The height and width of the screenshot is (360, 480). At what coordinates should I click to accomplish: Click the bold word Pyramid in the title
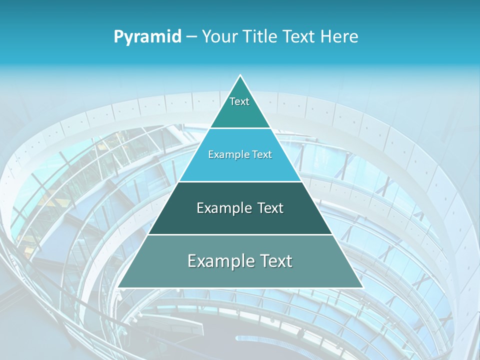[x=147, y=36]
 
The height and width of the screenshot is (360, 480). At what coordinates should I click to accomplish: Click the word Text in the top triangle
[x=239, y=101]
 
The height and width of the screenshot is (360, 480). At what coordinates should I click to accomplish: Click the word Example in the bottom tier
[x=220, y=261]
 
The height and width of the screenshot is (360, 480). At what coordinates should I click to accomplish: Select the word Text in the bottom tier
[x=275, y=261]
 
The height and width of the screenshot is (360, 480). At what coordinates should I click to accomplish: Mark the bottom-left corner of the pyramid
[x=118, y=287]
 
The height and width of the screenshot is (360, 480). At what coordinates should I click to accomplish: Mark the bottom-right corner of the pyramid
[x=362, y=287]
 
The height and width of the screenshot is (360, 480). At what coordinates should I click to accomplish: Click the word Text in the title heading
[x=300, y=36]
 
